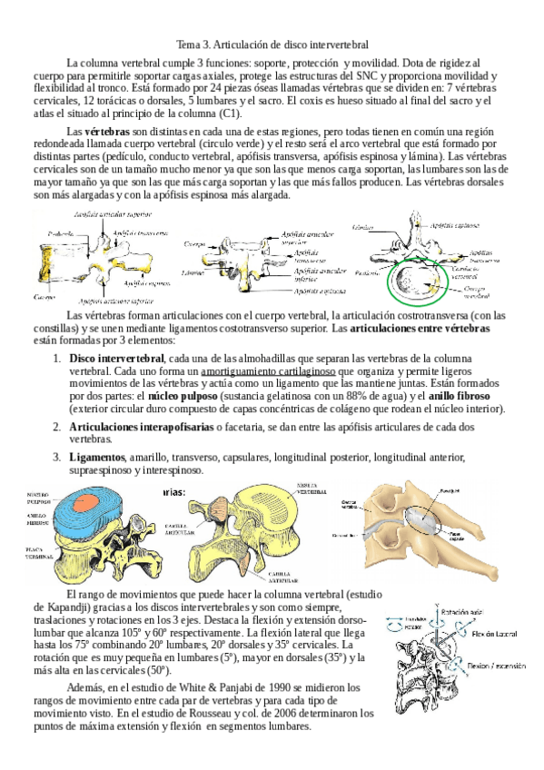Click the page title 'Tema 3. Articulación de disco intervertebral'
(272, 44)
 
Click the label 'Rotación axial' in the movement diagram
(459, 613)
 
